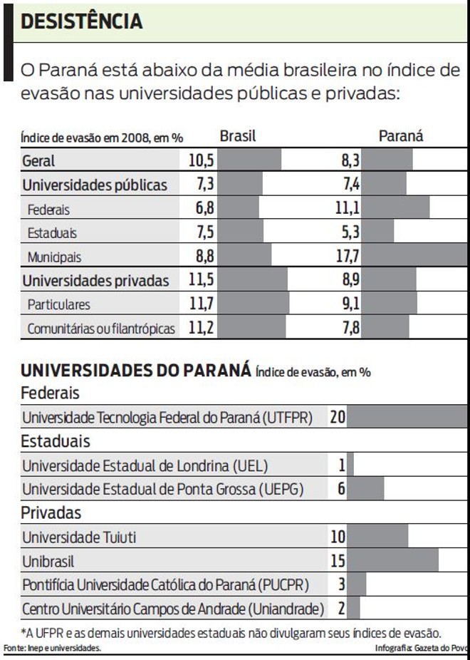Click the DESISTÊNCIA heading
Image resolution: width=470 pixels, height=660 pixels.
pos(82,22)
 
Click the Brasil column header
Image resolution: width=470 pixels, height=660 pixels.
pos(237,136)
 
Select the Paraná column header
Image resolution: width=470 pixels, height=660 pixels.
pos(400,136)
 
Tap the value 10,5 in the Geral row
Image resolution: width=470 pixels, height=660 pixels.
pos(202,160)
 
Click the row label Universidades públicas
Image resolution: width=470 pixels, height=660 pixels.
pos(95,185)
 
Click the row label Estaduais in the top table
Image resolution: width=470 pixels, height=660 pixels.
pos(52,232)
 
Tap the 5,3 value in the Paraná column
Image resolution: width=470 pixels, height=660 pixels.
pos(350,232)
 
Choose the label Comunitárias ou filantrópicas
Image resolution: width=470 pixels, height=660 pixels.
pos(101,329)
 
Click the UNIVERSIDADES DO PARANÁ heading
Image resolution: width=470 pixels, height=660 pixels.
pos(135,371)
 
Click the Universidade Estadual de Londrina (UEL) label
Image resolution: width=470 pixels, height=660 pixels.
pos(145,466)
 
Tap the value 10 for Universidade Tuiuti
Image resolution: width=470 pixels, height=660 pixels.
pos(338,537)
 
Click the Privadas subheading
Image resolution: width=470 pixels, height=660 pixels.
pos(51,512)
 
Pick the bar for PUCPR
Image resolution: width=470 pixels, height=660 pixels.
pos(357,585)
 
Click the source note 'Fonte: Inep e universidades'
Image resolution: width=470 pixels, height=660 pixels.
pos(52,648)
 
